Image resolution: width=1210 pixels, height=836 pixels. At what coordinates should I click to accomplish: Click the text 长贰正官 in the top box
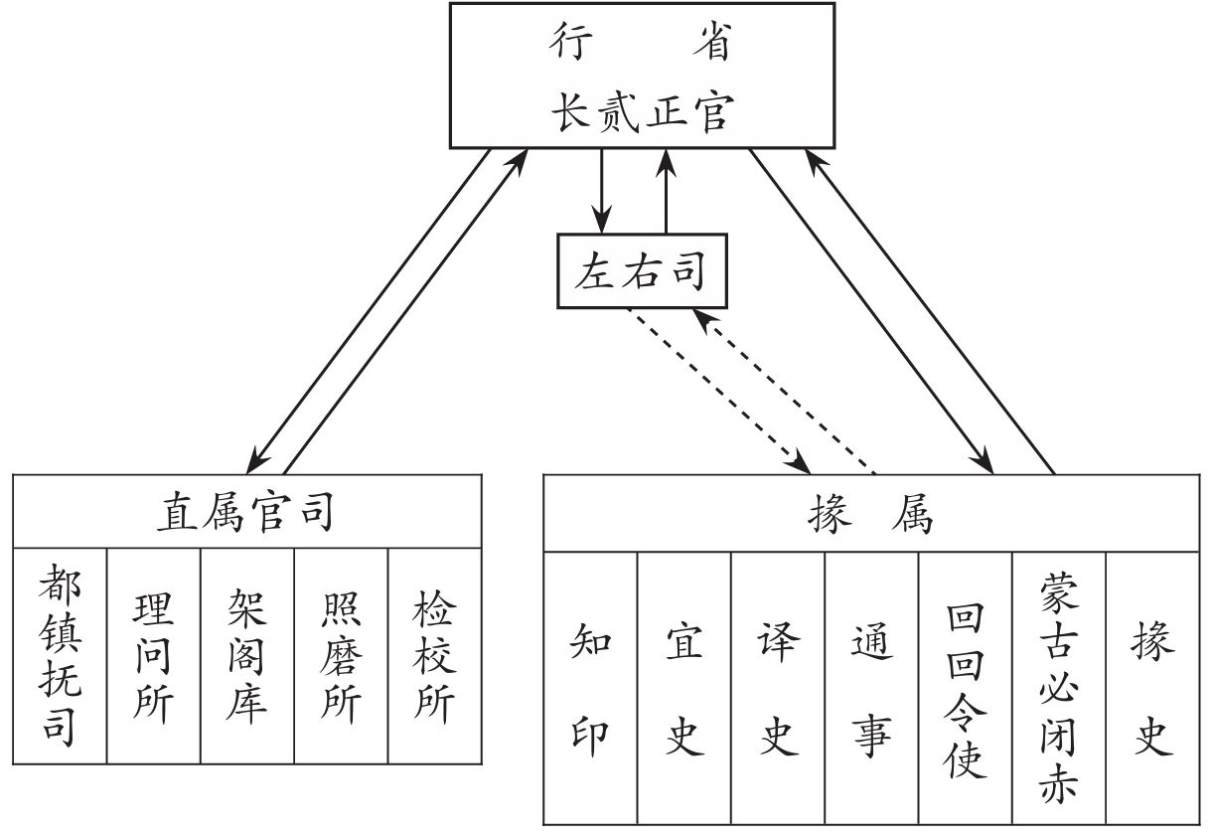641,112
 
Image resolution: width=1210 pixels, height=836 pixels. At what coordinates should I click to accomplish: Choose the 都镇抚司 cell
60,657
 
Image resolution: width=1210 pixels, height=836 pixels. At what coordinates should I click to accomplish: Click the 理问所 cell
153,657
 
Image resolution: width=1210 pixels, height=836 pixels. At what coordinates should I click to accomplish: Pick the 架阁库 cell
246,657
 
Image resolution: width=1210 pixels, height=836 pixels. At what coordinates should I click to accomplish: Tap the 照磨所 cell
340,657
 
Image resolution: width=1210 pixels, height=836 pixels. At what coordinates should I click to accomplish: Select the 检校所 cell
434,657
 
